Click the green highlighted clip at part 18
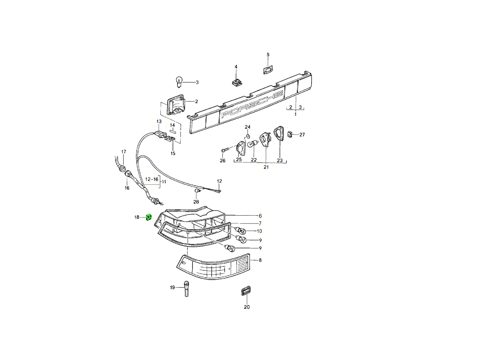point(149,217)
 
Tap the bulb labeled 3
point(179,82)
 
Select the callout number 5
point(268,55)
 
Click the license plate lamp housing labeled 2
point(176,104)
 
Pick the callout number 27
point(302,135)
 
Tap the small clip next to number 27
point(290,134)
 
